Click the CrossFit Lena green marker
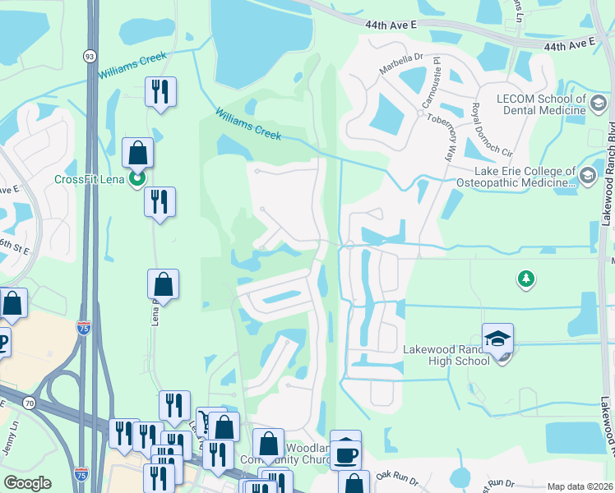(137, 177)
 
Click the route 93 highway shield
(89, 55)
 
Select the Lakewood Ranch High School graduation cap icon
(497, 339)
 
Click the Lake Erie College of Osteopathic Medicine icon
(587, 175)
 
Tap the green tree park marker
(525, 279)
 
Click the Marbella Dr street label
(400, 57)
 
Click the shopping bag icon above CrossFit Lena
(137, 153)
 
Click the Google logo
(27, 483)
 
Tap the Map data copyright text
(580, 486)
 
